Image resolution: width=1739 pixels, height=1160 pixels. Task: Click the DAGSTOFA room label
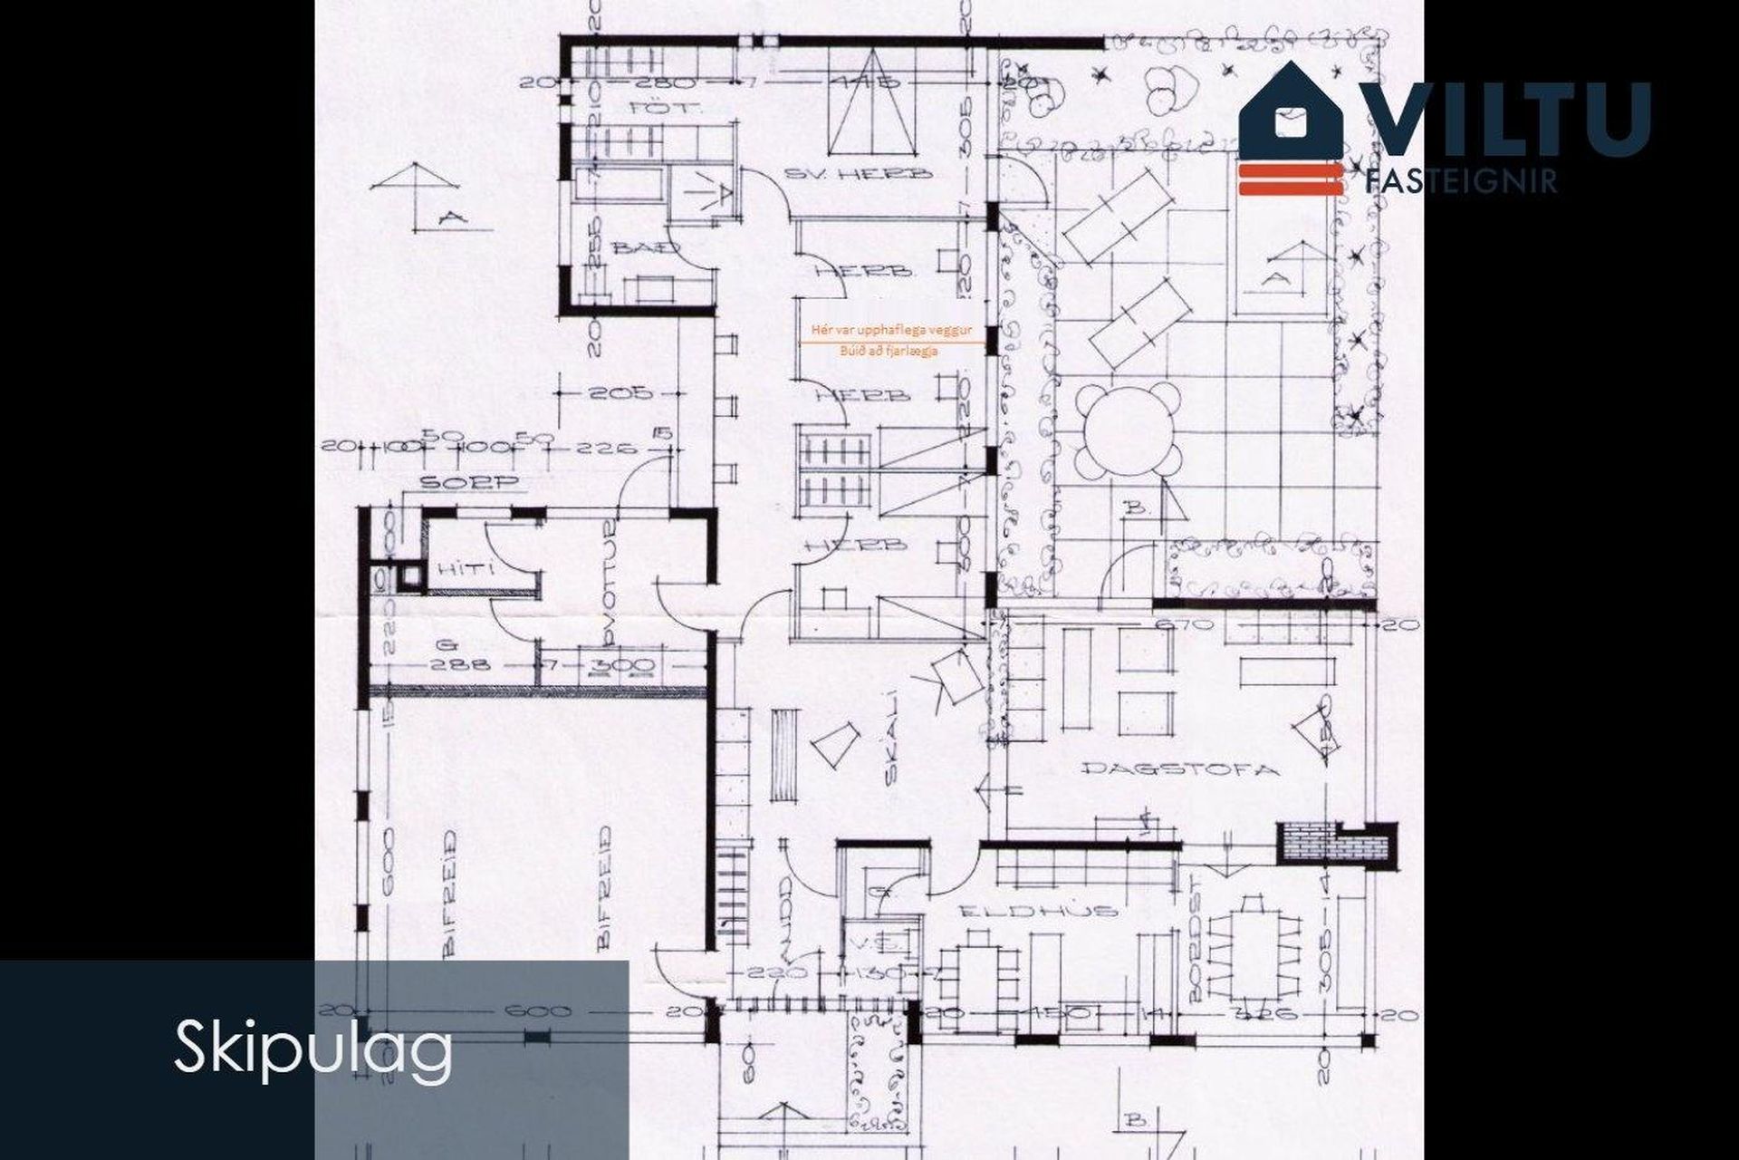(1181, 769)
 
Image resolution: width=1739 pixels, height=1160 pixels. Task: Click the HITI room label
(467, 569)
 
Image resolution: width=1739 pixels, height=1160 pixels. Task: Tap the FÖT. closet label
(654, 109)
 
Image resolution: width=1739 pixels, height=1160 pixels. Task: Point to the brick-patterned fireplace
(1309, 842)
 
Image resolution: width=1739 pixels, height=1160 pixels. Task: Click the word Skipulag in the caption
(313, 1048)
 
